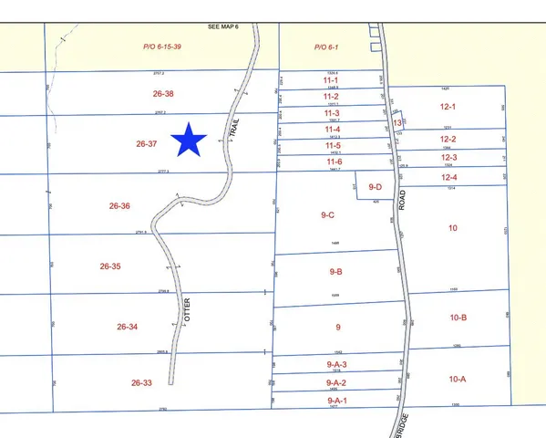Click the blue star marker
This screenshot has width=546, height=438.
point(190,140)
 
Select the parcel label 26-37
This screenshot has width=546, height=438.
point(147,143)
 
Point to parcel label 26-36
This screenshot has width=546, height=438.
point(120,206)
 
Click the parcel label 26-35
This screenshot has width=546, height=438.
point(110,266)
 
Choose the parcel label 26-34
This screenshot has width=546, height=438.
point(128,326)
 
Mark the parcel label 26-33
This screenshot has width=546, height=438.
point(141,383)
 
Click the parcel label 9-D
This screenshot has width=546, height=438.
point(375,186)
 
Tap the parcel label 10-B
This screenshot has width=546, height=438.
point(457,318)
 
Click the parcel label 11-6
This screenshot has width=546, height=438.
point(333,162)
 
